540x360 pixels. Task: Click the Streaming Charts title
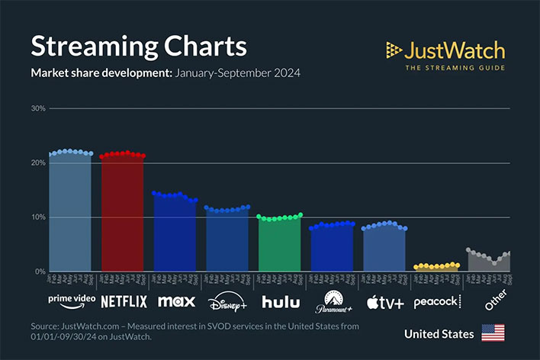[x=138, y=46]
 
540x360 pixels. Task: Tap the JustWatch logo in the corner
[x=445, y=55]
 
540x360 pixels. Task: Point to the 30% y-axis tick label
[x=38, y=108]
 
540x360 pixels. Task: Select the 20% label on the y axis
[x=38, y=162]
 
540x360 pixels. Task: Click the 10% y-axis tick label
[x=38, y=217]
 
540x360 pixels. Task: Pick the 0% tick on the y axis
[x=40, y=272]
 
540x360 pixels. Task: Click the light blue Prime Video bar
[x=70, y=214]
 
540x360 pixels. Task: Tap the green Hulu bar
[x=280, y=244]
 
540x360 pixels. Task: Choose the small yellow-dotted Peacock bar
[x=436, y=268]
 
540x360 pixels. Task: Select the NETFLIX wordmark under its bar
[x=124, y=301]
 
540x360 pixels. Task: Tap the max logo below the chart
[x=176, y=301]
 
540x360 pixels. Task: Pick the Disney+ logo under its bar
[x=228, y=302]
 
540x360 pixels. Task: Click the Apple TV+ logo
[x=385, y=302]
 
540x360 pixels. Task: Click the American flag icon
[x=493, y=334]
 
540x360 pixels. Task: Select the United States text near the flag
[x=439, y=334]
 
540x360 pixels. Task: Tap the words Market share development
[x=101, y=74]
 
